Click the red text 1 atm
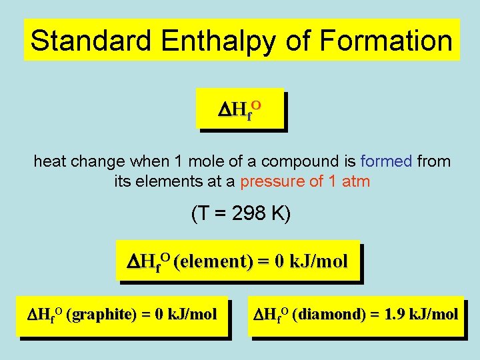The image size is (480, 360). tap(349, 181)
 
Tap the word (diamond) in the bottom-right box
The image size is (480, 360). tap(327, 313)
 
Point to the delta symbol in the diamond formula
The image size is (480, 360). tap(260, 313)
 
